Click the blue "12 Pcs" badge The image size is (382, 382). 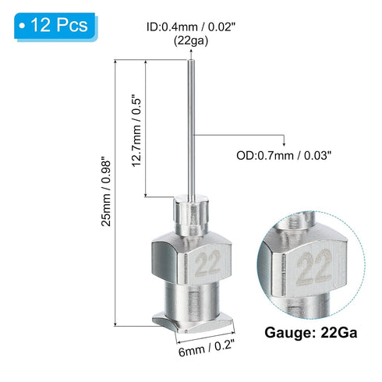pyautogui.click(x=53, y=25)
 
